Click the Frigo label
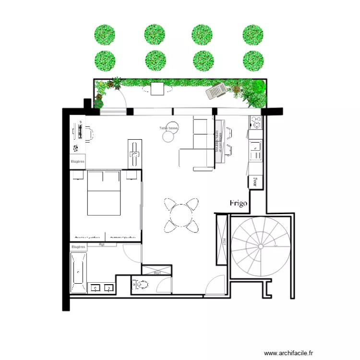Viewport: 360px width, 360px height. pos(238,203)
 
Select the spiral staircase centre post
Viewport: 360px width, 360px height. pos(260,246)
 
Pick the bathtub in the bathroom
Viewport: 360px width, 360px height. pos(78,273)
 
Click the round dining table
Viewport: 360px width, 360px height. pos(180,215)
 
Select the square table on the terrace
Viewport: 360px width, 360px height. pos(157,89)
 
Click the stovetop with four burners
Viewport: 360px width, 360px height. pos(255,123)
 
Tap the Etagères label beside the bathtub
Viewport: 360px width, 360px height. pos(78,247)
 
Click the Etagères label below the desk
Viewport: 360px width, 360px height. pos(78,162)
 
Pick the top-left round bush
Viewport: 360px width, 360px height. pos(105,35)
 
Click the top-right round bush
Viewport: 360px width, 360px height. pos(253,35)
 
